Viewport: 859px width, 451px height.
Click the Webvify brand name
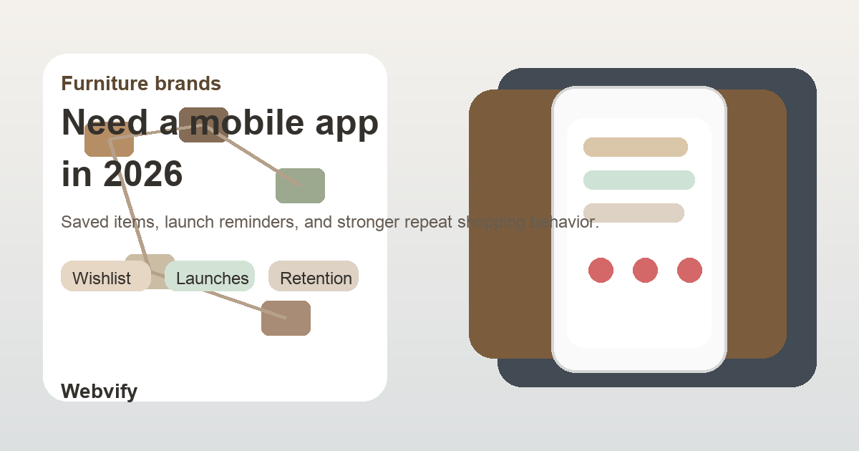click(x=99, y=391)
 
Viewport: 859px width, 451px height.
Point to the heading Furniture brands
click(x=141, y=84)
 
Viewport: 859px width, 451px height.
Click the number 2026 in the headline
click(x=143, y=174)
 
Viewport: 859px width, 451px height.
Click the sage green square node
click(x=301, y=185)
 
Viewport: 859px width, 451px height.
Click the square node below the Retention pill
click(x=286, y=319)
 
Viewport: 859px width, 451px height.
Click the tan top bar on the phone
click(x=636, y=147)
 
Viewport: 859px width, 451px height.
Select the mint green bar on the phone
click(x=639, y=180)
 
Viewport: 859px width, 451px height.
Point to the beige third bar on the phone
click(x=634, y=213)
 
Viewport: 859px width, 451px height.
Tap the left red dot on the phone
click(x=601, y=271)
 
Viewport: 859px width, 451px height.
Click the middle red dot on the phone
click(x=645, y=271)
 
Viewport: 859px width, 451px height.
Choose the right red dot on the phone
click(x=689, y=271)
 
